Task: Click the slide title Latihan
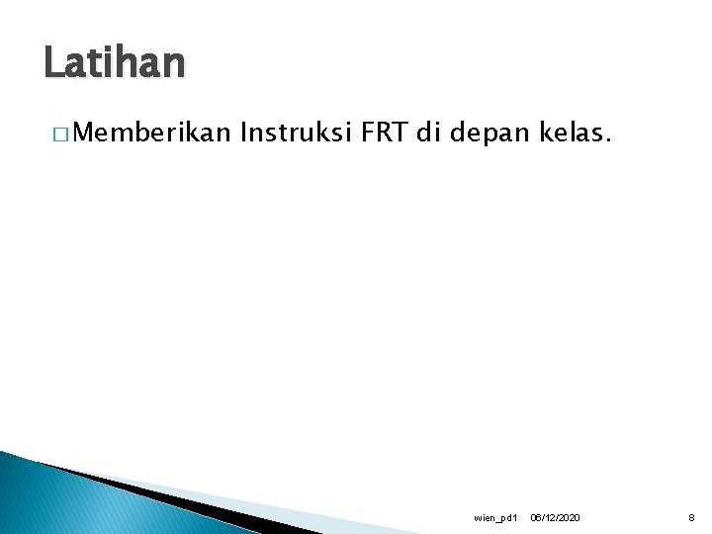[x=114, y=64]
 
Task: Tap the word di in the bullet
[x=426, y=133]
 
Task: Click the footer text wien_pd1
[x=495, y=518]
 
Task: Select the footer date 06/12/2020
[x=556, y=518]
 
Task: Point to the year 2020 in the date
[x=570, y=518]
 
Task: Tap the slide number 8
[x=690, y=518]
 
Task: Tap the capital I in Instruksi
[x=244, y=133]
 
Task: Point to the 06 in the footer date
[x=535, y=518]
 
